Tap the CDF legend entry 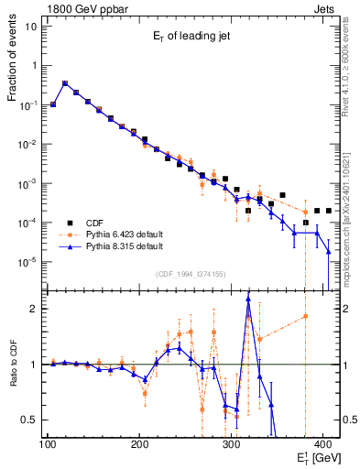(96, 222)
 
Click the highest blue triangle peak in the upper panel (65, 82)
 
